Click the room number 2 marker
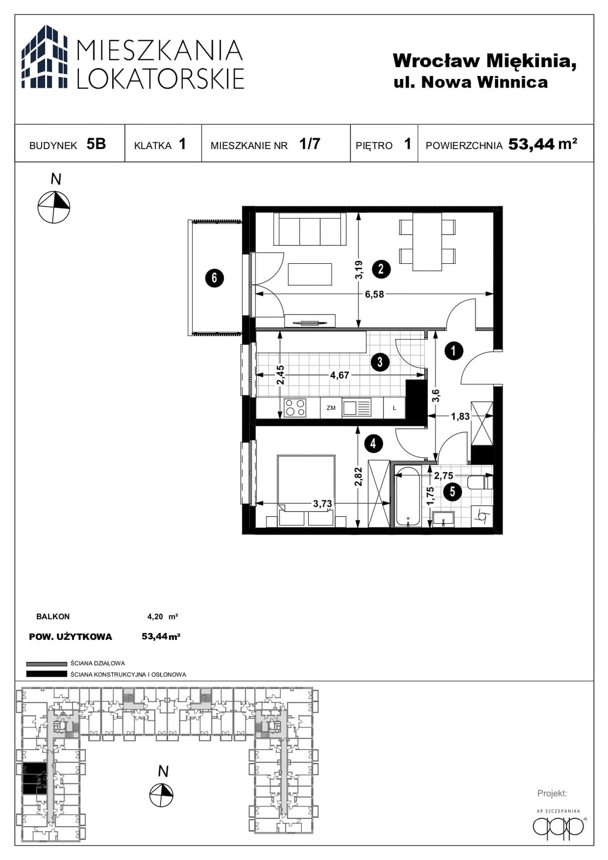[381, 269]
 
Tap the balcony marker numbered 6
[214, 277]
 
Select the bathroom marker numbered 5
[452, 492]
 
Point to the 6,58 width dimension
[374, 294]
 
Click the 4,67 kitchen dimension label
[340, 375]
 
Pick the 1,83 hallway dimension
[460, 416]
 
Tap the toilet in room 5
[480, 482]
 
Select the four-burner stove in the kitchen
[295, 408]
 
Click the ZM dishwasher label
[331, 408]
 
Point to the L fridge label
[395, 408]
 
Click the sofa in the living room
[310, 229]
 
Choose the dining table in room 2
[427, 241]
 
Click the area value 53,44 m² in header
[542, 144]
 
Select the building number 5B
[96, 144]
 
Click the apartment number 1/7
[310, 144]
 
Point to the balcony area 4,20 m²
[162, 617]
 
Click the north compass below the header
[54, 207]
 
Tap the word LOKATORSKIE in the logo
[161, 78]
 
